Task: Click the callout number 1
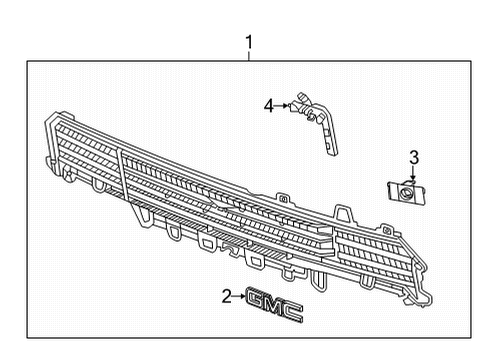point(249,42)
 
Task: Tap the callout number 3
point(412,156)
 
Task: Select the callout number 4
point(268,103)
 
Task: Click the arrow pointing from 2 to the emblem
point(240,296)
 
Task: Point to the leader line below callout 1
point(249,55)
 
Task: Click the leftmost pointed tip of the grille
point(47,123)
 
